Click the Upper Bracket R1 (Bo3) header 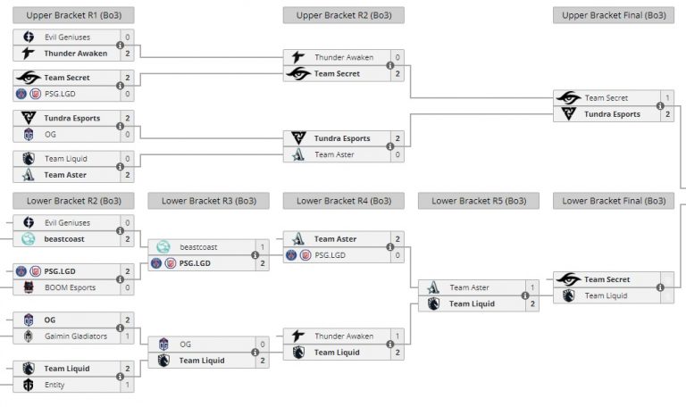pyautogui.click(x=74, y=15)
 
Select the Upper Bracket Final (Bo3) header pyautogui.click(x=614, y=15)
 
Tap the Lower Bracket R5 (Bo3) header pyautogui.click(x=479, y=201)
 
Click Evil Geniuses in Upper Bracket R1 pyautogui.click(x=68, y=37)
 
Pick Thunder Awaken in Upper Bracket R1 pyautogui.click(x=76, y=54)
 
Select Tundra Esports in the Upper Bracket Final pyautogui.click(x=612, y=114)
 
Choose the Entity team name pyautogui.click(x=54, y=385)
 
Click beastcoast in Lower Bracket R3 pyautogui.click(x=198, y=247)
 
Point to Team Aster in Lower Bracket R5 pyautogui.click(x=469, y=287)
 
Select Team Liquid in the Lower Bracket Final pyautogui.click(x=605, y=295)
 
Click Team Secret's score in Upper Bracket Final pyautogui.click(x=668, y=98)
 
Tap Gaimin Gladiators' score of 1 pyautogui.click(x=128, y=336)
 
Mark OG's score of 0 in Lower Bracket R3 pyautogui.click(x=263, y=345)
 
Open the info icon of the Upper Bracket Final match pyautogui.click(x=660, y=106)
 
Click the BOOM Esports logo pyautogui.click(x=28, y=287)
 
